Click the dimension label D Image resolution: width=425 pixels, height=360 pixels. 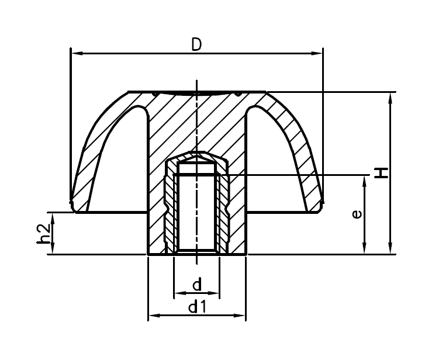[x=196, y=44]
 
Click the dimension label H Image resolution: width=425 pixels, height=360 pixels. [x=381, y=172]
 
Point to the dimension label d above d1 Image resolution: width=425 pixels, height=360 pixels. [x=196, y=285]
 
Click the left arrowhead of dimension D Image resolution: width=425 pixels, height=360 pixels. [x=75, y=53]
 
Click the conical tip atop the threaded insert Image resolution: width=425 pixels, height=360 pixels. [x=196, y=157]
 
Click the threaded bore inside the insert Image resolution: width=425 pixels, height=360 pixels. [x=196, y=210]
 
